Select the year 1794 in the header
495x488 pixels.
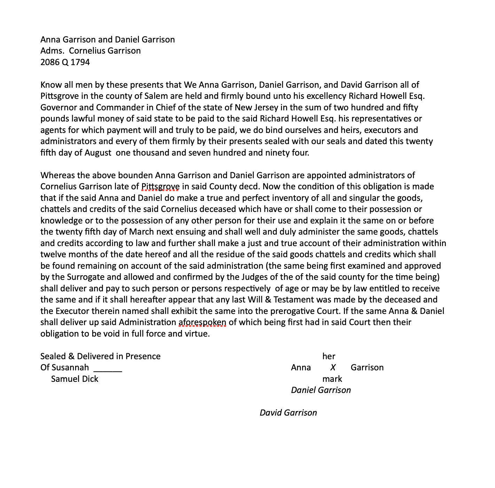click(80, 62)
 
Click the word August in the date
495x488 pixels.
click(98, 153)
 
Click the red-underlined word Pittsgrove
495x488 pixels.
click(160, 187)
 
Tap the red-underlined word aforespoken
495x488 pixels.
click(202, 323)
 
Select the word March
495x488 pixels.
click(142, 232)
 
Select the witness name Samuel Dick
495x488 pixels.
click(74, 379)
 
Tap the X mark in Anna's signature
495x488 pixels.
click(333, 368)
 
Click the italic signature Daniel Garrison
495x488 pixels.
click(321, 391)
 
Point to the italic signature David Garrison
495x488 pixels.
click(288, 413)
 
